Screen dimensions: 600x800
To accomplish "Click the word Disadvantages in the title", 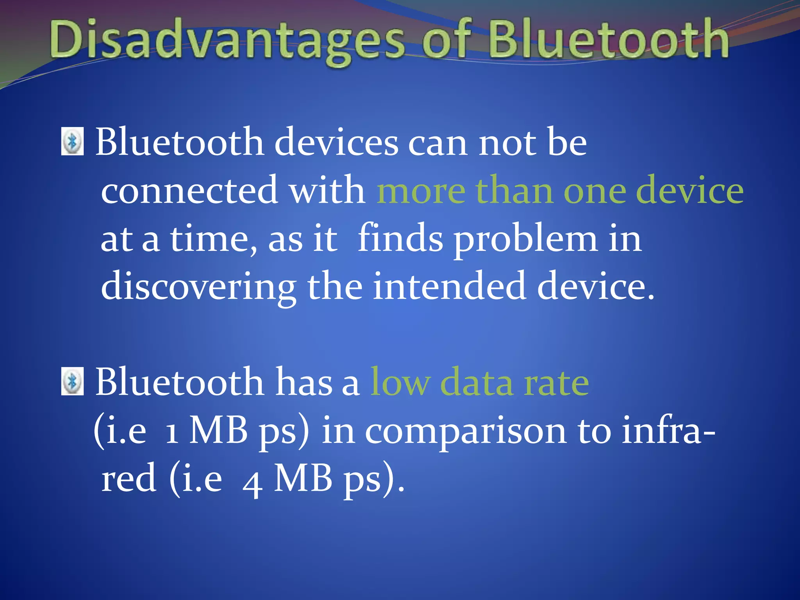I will [227, 41].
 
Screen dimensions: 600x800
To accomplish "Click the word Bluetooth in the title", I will [607, 39].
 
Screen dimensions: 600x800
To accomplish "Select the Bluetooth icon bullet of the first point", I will [73, 141].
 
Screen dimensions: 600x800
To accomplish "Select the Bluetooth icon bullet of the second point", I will [73, 381].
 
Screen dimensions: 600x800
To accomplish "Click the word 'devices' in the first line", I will [336, 143].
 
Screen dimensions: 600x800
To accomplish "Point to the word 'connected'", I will [189, 191].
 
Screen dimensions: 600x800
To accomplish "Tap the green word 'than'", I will [514, 191].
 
